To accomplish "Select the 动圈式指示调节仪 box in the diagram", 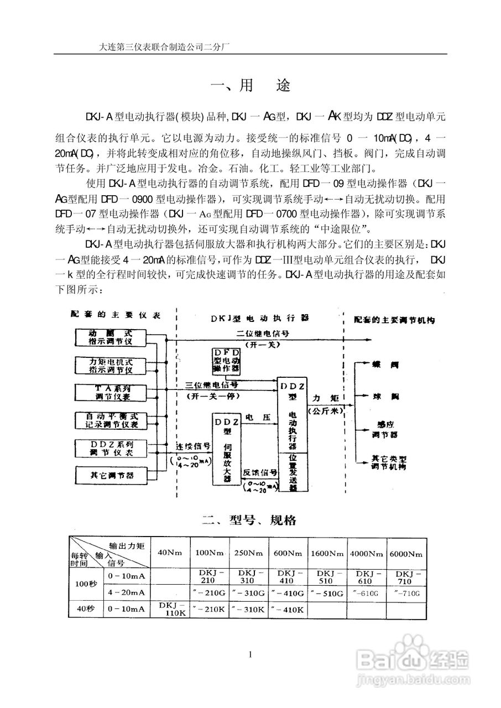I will pos(111,337).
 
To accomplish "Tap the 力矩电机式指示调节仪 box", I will pos(111,365).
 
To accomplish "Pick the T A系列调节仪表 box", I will pos(111,393).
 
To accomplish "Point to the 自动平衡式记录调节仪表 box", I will pos(111,420).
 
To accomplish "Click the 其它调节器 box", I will pos(111,475).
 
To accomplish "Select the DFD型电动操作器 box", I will pos(227,360).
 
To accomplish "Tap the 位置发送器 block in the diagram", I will pos(293,473).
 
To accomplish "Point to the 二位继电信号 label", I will pos(263,334).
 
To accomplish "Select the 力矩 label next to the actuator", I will pos(324,398).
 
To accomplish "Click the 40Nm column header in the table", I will pos(170,553).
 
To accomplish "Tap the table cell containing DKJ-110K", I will pos(170,610).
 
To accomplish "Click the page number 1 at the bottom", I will pos(251,655).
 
